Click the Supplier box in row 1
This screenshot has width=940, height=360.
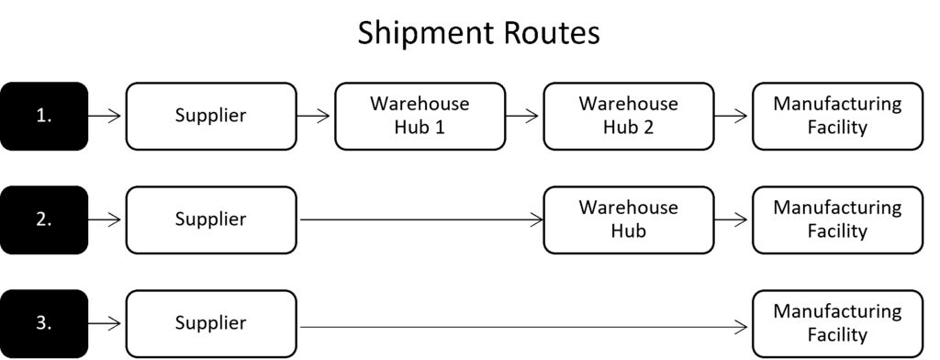[x=210, y=116]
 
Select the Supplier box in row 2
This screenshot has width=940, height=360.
[x=210, y=219]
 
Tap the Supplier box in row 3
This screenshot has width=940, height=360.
[x=210, y=323]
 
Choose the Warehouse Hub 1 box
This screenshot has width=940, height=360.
[x=420, y=116]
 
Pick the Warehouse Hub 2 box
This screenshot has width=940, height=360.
[x=628, y=116]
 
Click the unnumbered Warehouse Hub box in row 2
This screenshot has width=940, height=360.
[x=628, y=219]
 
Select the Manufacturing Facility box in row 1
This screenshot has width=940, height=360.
[x=837, y=116]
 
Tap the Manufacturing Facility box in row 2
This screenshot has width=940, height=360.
[x=837, y=219]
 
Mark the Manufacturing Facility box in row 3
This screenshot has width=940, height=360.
[x=837, y=323]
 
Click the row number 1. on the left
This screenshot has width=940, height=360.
[x=42, y=116]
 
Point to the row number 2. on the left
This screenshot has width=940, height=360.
[x=42, y=219]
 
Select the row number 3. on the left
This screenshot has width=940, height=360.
[x=42, y=323]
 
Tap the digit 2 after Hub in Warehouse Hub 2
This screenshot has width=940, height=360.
[x=648, y=128]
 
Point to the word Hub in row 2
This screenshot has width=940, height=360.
[x=628, y=231]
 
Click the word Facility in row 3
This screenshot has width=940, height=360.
[x=837, y=335]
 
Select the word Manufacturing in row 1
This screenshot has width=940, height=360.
[x=837, y=104]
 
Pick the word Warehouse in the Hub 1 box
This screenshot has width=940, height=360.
[x=420, y=104]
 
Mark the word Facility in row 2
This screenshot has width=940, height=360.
[x=837, y=231]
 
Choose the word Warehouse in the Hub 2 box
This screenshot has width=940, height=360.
[x=628, y=104]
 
